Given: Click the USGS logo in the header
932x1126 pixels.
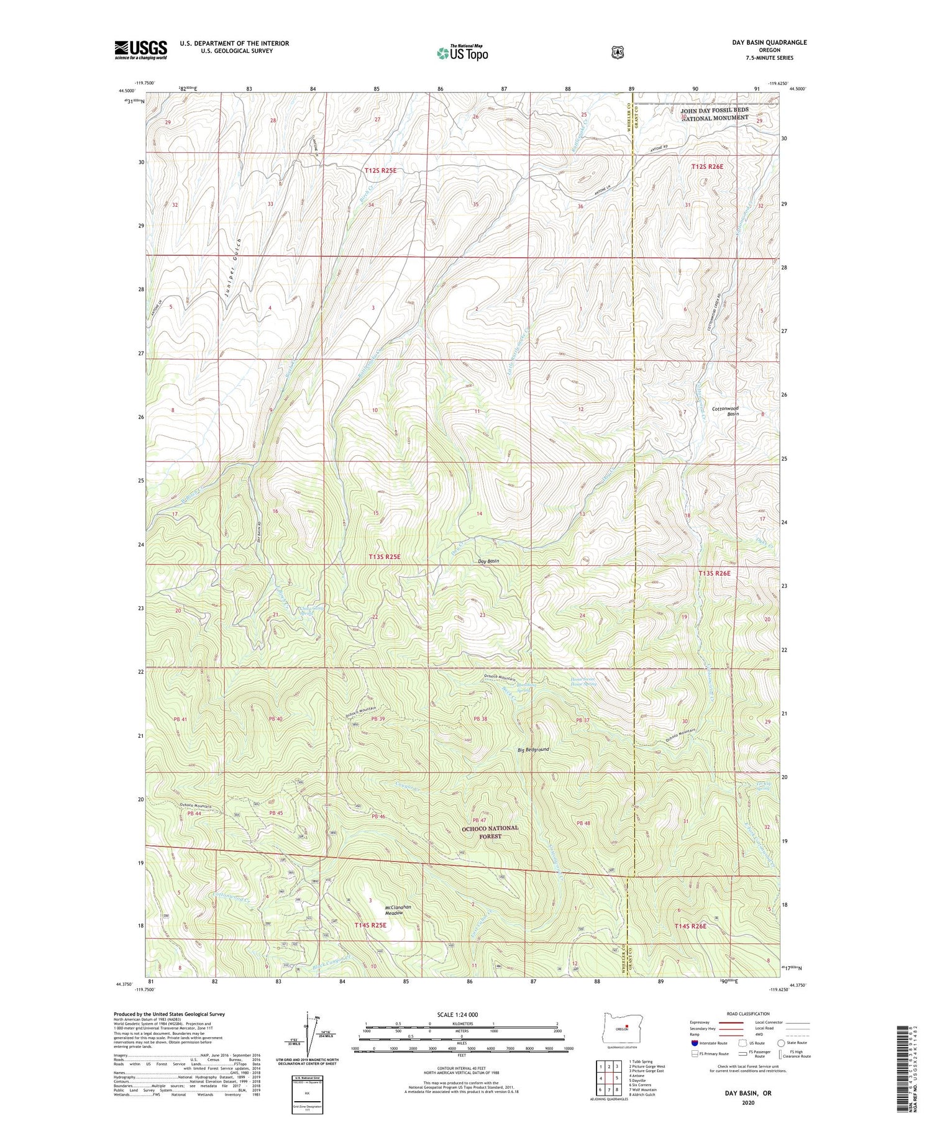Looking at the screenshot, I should tap(140, 50).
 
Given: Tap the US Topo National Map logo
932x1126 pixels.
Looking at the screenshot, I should tap(462, 53).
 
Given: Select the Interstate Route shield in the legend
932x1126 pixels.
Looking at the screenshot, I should tap(695, 1043).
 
